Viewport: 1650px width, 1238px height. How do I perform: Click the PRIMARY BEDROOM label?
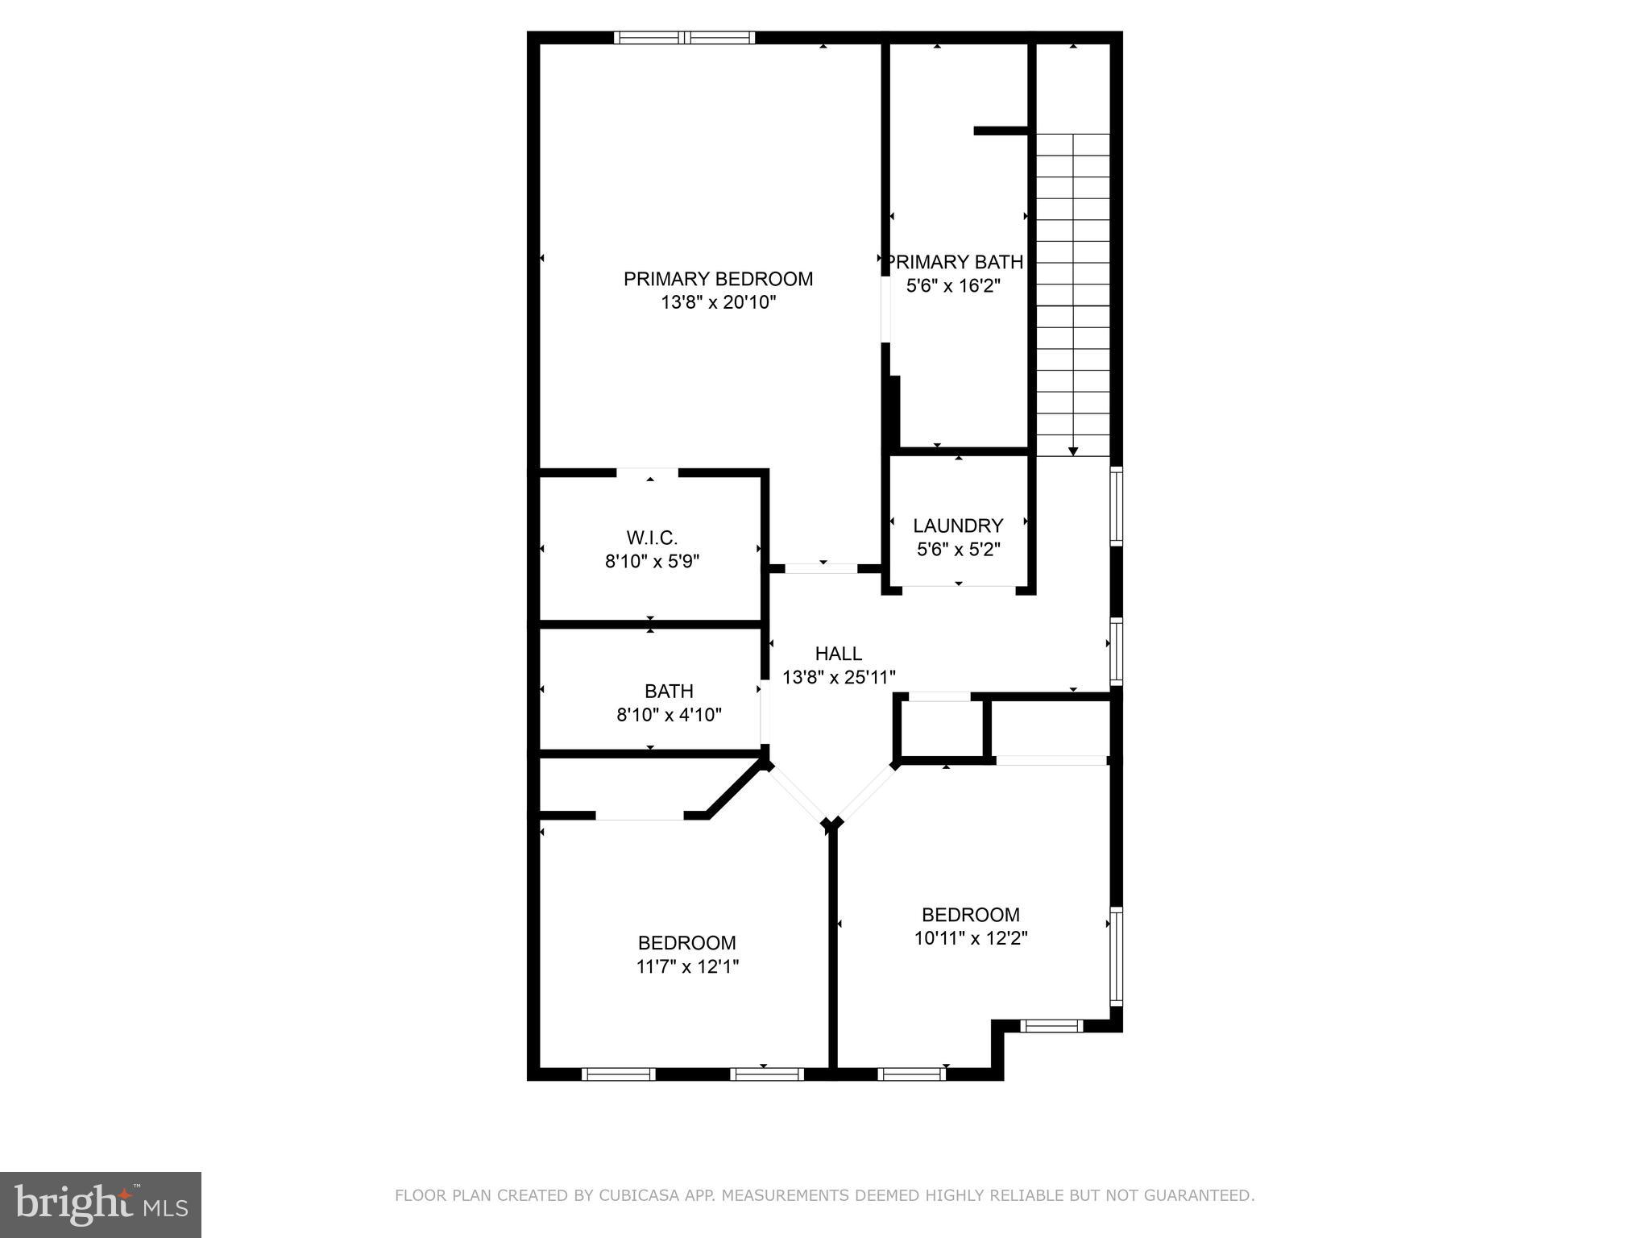718,279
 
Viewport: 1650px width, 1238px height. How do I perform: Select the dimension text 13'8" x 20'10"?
718,303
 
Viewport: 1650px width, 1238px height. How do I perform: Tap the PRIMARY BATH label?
956,262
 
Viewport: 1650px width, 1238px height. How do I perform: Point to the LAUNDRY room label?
958,526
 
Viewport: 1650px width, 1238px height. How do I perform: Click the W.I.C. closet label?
652,538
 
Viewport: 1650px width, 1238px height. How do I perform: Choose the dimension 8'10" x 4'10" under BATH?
669,715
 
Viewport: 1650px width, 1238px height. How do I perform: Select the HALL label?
838,654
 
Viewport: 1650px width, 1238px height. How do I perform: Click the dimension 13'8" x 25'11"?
839,678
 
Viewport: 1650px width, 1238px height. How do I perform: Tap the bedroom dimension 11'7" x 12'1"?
687,966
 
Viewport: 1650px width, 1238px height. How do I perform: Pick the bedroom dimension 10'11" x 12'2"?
971,938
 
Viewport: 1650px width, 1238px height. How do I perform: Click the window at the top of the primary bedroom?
684,37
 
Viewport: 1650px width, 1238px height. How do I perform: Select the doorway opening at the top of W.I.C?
648,473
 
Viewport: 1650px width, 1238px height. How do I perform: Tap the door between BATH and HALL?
763,713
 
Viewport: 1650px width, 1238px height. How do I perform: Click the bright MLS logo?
100,1205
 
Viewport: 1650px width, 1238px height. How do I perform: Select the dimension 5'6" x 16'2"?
953,286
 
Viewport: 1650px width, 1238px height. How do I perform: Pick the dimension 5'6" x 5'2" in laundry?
958,550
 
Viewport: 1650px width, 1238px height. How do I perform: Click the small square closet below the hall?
939,728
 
